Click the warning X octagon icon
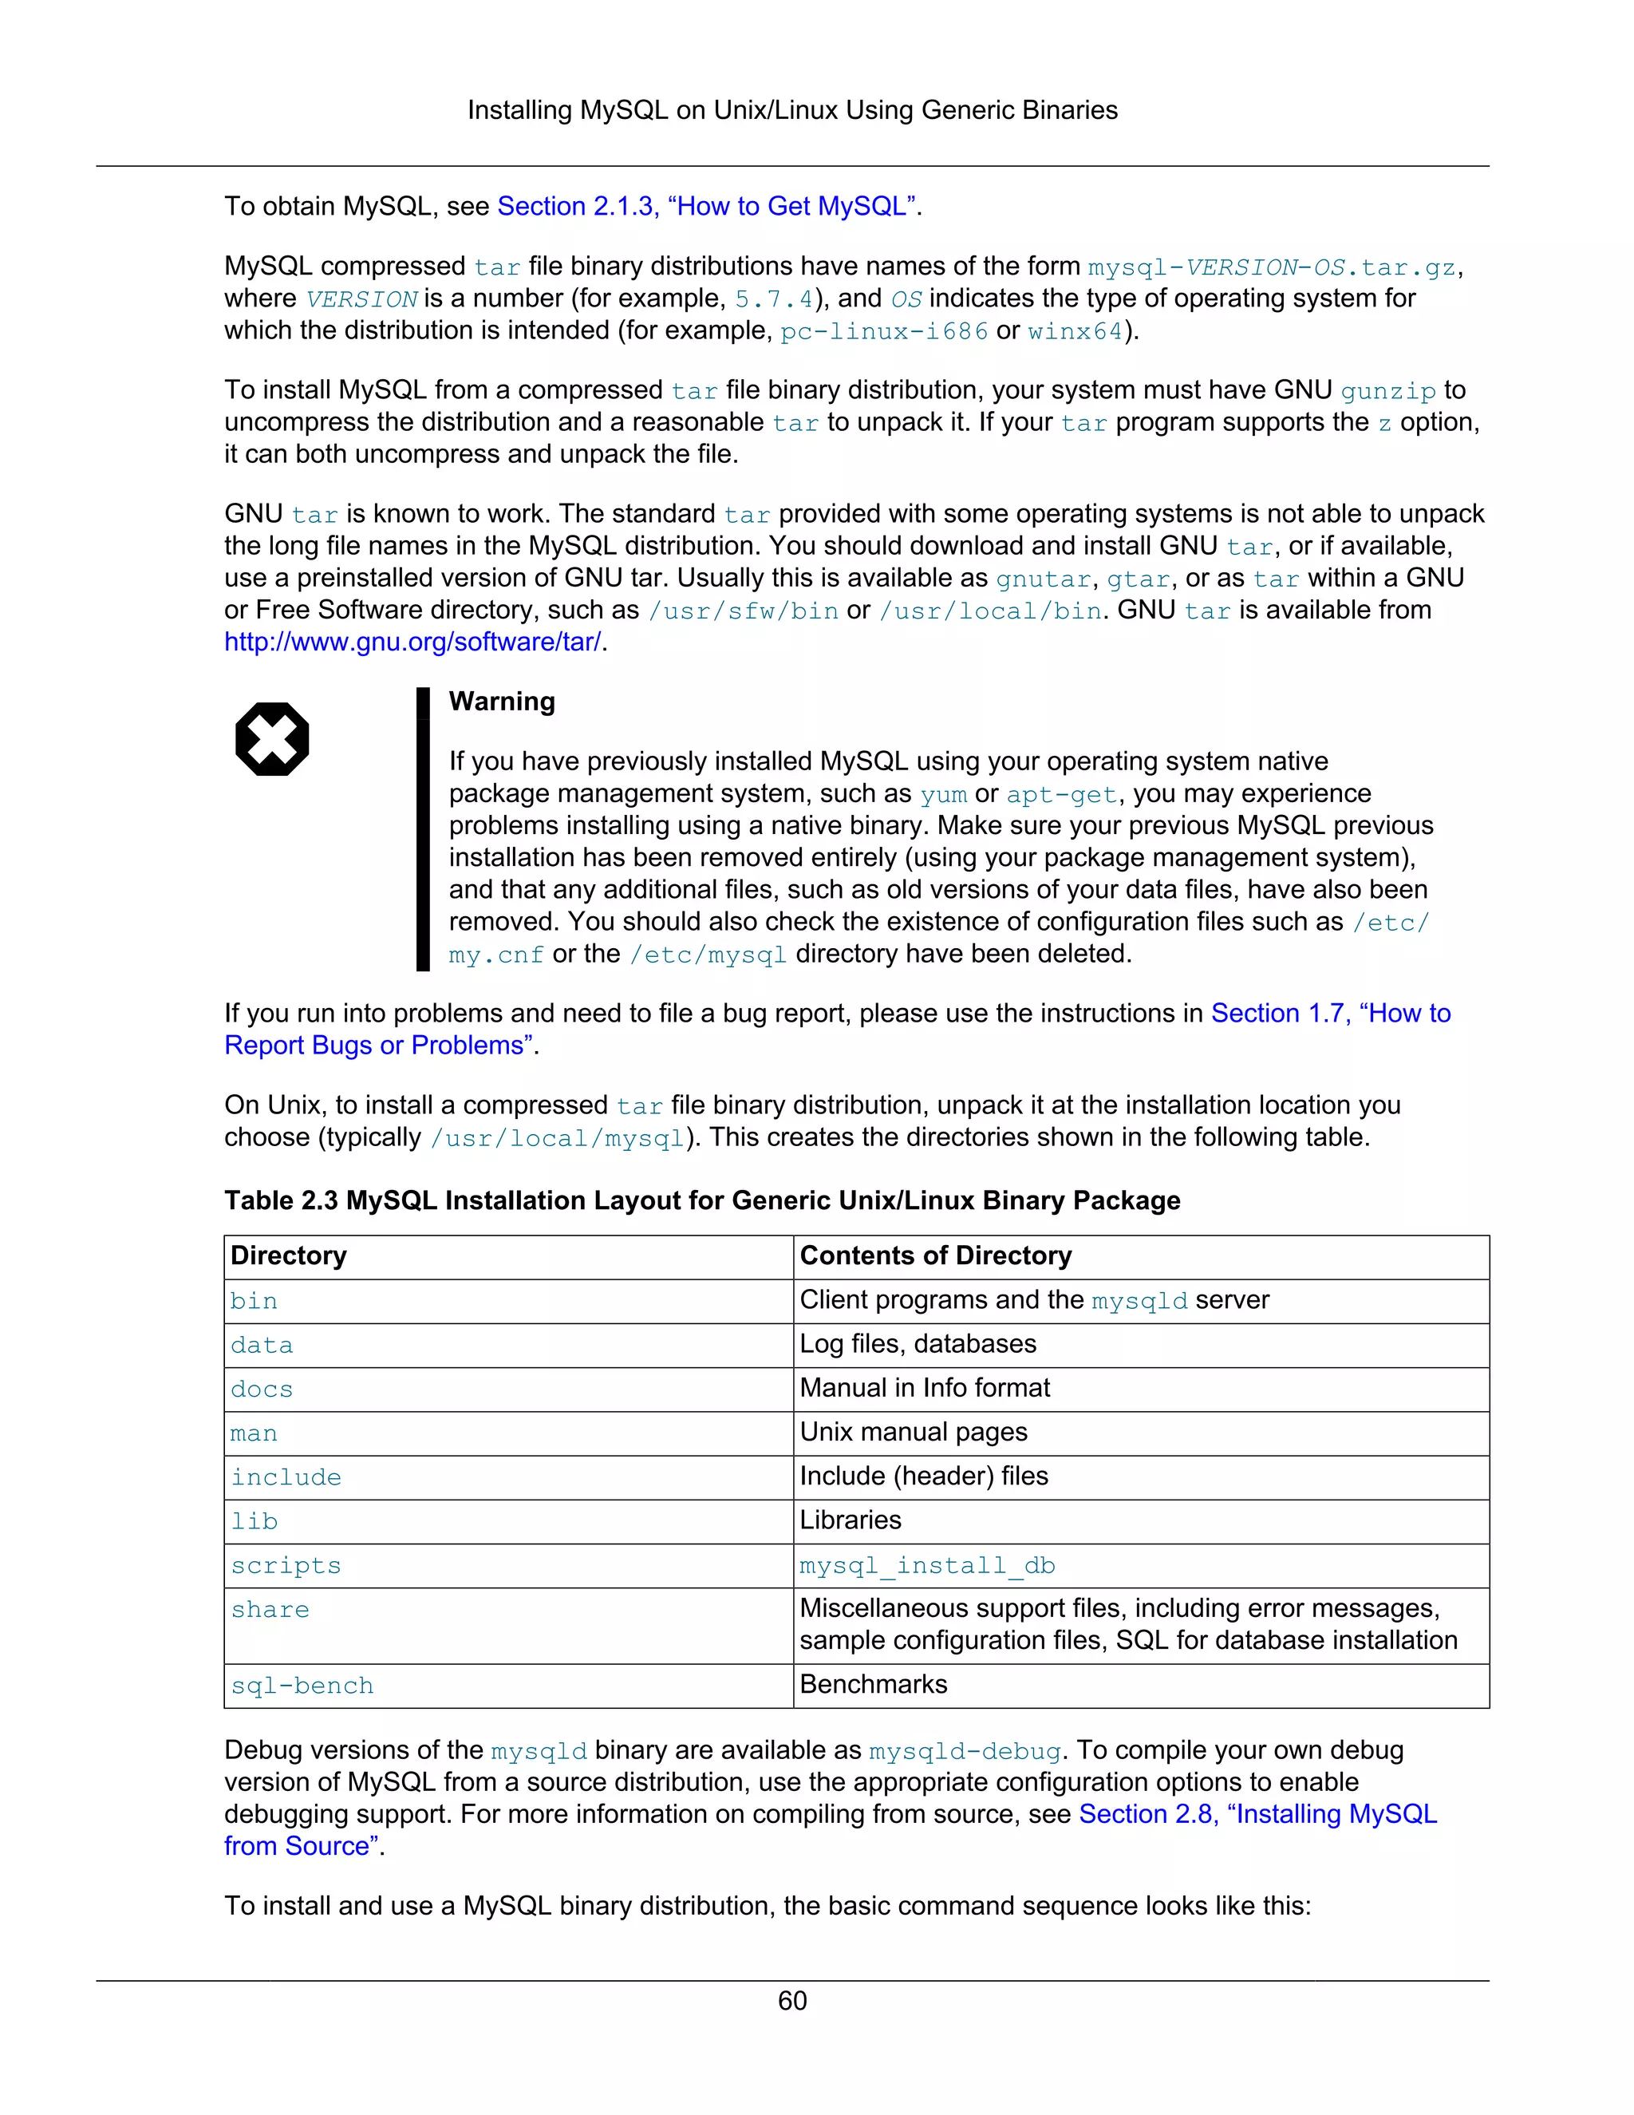point(272,739)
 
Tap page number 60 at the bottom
point(791,2000)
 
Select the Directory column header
point(289,1255)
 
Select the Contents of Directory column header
point(935,1255)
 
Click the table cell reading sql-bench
point(302,1686)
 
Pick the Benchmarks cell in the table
point(873,1684)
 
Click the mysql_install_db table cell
point(926,1566)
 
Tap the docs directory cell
point(262,1390)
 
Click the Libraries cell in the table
point(850,1520)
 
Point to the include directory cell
point(286,1478)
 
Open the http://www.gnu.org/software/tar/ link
point(413,642)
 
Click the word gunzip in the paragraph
point(1387,391)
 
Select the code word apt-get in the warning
point(1061,795)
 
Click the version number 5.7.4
point(773,299)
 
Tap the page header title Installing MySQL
point(791,110)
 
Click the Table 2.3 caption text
point(702,1201)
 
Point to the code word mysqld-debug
point(964,1752)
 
